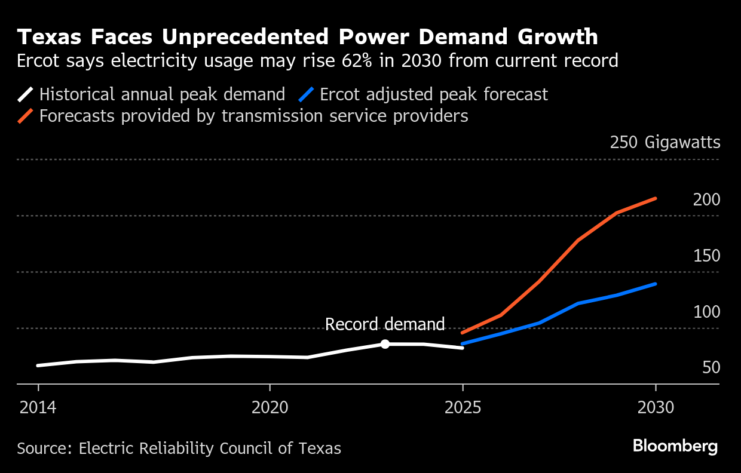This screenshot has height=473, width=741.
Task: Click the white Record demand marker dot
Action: tap(385, 344)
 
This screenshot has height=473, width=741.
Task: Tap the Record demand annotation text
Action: tap(385, 324)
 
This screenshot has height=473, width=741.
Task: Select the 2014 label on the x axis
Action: tap(38, 408)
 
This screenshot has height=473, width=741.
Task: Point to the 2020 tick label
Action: tap(270, 408)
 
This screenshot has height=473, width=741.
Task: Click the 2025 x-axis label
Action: tap(463, 408)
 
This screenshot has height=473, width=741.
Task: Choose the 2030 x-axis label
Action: tap(656, 408)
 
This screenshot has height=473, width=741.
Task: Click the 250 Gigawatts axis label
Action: tap(665, 143)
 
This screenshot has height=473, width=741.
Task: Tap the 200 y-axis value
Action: tap(706, 199)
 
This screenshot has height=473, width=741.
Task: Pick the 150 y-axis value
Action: tap(706, 256)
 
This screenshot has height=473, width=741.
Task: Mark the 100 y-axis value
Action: tap(706, 312)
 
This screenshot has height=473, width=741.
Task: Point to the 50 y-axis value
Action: tap(711, 368)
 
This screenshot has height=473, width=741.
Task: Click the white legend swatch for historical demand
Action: tap(26, 94)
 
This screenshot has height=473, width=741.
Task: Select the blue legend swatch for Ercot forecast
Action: tap(307, 94)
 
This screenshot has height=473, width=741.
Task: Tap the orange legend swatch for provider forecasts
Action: tap(26, 115)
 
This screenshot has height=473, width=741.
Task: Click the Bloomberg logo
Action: tap(675, 446)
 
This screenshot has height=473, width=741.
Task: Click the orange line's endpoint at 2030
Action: tap(656, 198)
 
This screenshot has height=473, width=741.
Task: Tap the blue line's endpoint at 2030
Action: tap(656, 284)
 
